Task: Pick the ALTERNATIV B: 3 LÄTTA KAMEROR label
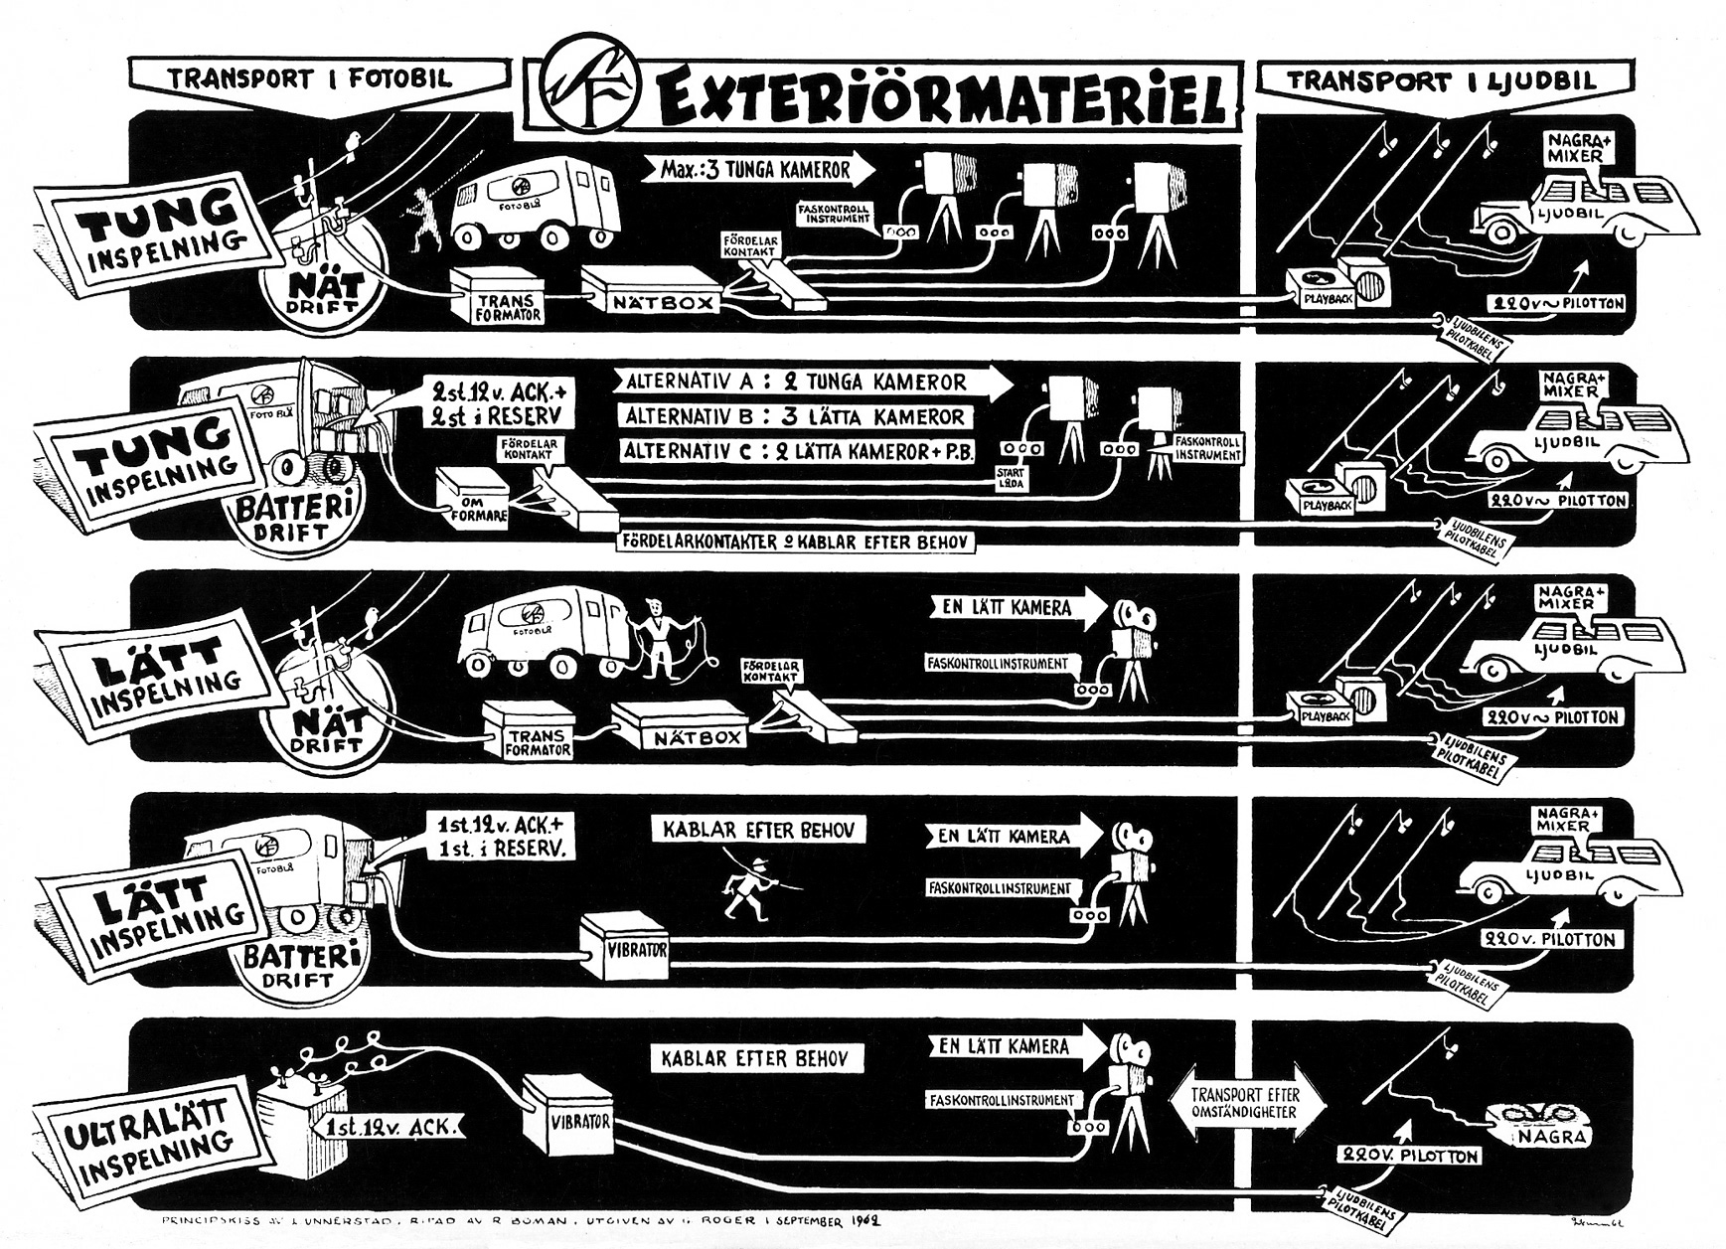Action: click(795, 416)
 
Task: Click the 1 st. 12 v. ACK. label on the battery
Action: click(391, 1126)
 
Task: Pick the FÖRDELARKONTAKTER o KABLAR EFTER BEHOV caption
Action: click(795, 542)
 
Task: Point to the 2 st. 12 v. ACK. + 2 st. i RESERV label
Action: click(491, 400)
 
